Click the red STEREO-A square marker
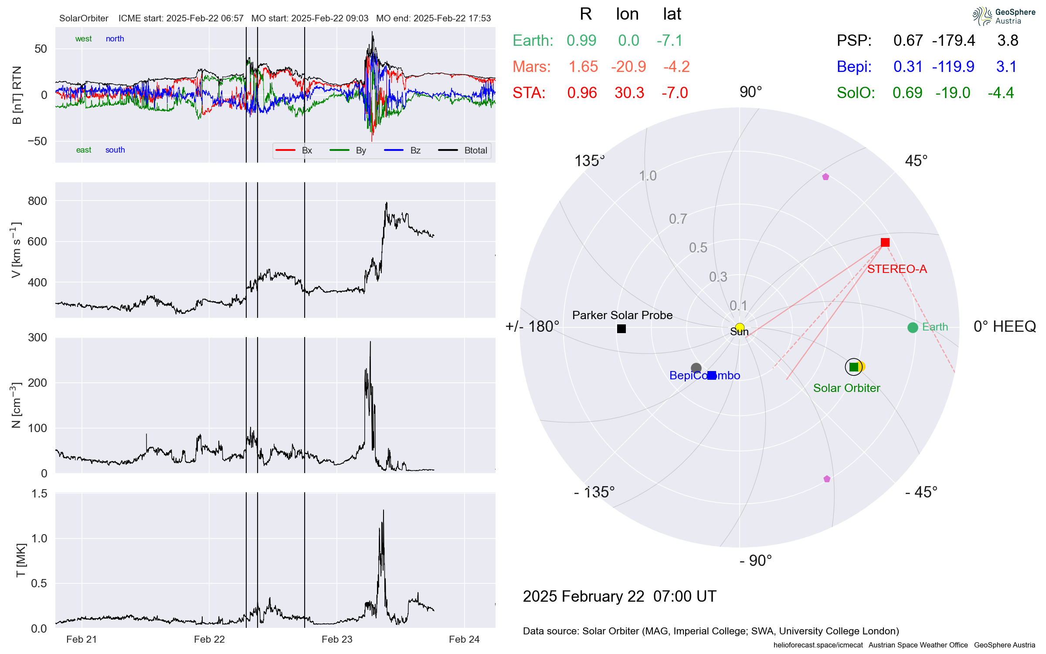click(885, 242)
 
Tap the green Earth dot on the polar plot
click(913, 327)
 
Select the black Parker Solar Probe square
click(621, 329)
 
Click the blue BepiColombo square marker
click(712, 375)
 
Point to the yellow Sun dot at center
click(740, 327)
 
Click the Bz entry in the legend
click(415, 150)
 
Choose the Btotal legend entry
click(475, 150)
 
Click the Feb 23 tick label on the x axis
click(337, 639)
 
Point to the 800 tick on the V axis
click(37, 201)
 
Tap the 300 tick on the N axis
click(37, 337)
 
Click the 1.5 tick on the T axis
click(39, 494)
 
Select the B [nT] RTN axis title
click(17, 95)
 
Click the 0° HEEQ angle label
click(1004, 327)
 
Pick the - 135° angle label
click(594, 492)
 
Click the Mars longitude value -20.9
click(628, 67)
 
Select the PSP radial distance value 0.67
click(908, 41)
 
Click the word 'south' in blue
click(115, 150)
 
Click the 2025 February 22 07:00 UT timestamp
click(619, 596)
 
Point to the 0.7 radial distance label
click(678, 219)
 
